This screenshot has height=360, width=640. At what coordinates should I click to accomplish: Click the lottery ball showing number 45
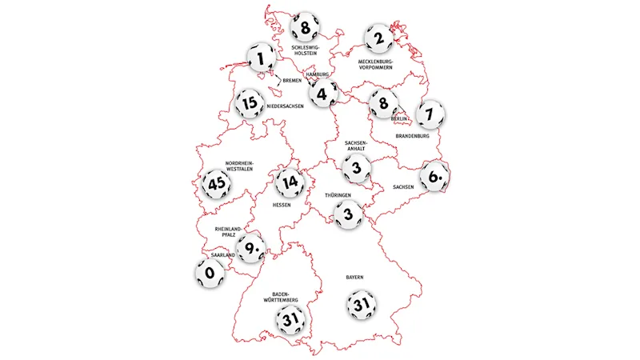[x=216, y=184]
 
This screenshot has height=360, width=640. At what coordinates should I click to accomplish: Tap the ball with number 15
[x=250, y=103]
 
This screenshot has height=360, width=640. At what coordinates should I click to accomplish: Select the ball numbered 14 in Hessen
[x=289, y=184]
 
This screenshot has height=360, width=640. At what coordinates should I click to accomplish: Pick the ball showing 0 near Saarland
[x=210, y=274]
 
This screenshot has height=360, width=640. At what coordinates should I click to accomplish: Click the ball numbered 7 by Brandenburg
[x=430, y=114]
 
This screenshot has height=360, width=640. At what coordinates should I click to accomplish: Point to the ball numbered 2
[x=379, y=37]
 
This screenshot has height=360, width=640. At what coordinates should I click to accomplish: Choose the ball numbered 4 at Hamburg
[x=322, y=94]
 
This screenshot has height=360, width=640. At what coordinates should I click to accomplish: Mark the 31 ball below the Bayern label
[x=359, y=304]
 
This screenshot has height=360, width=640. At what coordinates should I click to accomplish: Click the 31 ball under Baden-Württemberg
[x=290, y=322]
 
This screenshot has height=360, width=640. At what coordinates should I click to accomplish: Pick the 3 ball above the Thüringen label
[x=356, y=167]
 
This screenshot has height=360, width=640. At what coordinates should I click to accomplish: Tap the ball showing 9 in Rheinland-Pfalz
[x=250, y=248]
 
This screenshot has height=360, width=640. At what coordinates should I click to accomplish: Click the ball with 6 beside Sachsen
[x=434, y=176]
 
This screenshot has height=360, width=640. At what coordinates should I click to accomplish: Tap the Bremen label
[x=292, y=81]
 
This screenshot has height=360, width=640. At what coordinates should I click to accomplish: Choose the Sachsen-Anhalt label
[x=356, y=146]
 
